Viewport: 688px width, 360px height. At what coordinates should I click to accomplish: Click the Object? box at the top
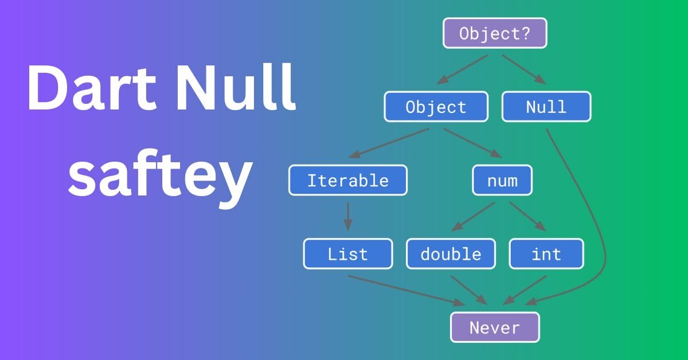click(495, 33)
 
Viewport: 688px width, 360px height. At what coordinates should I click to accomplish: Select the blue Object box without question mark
click(436, 107)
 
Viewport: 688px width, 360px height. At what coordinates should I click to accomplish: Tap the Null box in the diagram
click(546, 107)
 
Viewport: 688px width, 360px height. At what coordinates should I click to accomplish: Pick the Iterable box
click(348, 181)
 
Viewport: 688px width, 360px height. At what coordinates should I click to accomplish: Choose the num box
click(502, 181)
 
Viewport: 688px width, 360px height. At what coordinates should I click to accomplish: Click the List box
click(348, 254)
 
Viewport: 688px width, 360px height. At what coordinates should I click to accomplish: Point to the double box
click(451, 254)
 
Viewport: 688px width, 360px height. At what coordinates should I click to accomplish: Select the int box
click(546, 254)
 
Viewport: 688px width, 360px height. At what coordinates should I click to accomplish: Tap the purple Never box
click(495, 327)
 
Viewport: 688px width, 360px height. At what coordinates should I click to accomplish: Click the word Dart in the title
click(92, 88)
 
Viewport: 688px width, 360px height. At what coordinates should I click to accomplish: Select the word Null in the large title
click(236, 87)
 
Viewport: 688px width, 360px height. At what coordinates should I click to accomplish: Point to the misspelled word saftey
click(161, 178)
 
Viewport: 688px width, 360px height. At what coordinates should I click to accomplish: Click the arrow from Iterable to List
click(348, 216)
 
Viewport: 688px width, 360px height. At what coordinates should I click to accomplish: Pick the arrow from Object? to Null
click(524, 69)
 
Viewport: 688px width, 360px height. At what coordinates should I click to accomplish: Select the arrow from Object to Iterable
click(389, 143)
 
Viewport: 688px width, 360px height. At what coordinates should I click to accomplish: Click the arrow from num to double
click(474, 217)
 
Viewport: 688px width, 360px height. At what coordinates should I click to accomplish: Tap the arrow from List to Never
click(406, 291)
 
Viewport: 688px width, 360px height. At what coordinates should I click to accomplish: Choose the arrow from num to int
click(527, 217)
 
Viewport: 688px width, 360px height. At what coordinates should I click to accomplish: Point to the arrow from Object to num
click(472, 143)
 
